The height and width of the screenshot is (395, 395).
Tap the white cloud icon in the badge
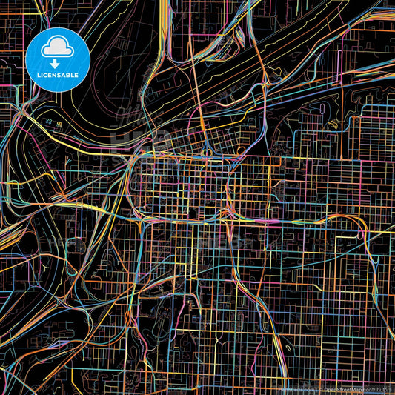[x=57, y=48]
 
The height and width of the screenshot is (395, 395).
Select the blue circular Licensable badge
[x=57, y=59]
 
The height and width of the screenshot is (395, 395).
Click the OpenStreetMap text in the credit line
[x=340, y=388]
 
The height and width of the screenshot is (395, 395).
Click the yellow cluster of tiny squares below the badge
[x=48, y=121]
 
